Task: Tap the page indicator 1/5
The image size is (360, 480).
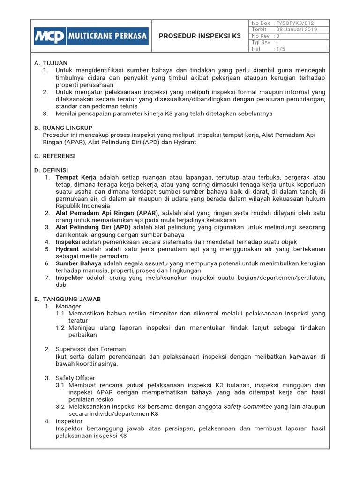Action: (x=282, y=48)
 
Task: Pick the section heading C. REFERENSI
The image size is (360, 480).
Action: (x=59, y=156)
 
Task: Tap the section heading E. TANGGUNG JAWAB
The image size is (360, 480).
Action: (x=71, y=299)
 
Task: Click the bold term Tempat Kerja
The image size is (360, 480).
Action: (x=76, y=177)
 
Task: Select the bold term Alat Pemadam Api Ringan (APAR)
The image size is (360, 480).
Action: (x=107, y=213)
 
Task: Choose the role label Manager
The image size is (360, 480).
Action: (x=68, y=306)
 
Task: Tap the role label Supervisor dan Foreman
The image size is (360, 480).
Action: (x=91, y=349)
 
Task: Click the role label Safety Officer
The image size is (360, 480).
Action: (x=75, y=378)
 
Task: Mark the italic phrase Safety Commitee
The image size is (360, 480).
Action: (x=247, y=406)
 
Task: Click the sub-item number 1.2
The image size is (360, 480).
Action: (x=60, y=328)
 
